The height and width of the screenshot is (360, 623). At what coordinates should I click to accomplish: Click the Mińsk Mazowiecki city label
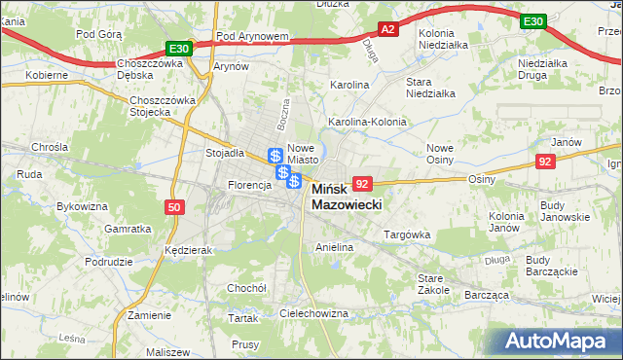347,198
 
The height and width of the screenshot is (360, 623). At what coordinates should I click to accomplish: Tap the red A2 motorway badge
387,30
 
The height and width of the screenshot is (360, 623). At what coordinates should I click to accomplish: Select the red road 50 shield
173,207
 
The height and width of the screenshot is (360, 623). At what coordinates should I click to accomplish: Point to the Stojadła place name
224,153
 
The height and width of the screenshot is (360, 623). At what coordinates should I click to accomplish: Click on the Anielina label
334,248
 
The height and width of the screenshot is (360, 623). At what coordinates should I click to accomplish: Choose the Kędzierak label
189,250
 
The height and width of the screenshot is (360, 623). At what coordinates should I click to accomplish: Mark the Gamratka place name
128,229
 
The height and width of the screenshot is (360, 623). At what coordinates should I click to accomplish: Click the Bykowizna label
82,206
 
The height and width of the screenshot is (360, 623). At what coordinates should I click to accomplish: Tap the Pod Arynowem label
252,37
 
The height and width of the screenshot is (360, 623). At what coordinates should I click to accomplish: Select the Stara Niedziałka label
431,88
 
